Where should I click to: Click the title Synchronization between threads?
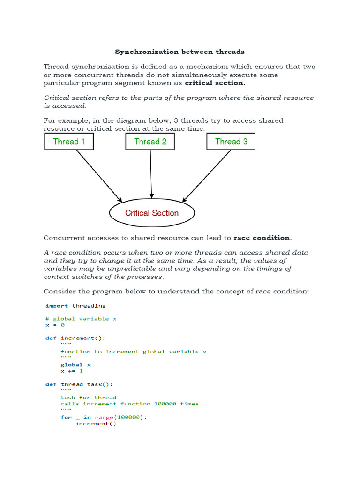pyautogui.click(x=180, y=52)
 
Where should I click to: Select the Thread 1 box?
pyautogui.click(x=69, y=142)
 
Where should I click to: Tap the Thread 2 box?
pyautogui.click(x=150, y=142)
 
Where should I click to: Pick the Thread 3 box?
pyautogui.click(x=231, y=142)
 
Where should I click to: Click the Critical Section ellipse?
pyautogui.click(x=152, y=213)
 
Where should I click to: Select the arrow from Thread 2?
pyautogui.click(x=151, y=173)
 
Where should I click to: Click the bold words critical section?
pyautogui.click(x=214, y=83)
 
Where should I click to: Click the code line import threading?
pyautogui.click(x=75, y=306)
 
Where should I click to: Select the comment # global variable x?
pyautogui.click(x=81, y=319)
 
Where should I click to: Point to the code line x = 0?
pyautogui.click(x=55, y=325)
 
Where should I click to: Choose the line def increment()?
pyautogui.click(x=75, y=338)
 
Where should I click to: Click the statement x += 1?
pyautogui.click(x=71, y=371)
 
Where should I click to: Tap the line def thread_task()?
pyautogui.click(x=79, y=384)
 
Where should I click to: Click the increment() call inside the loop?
pyautogui.click(x=96, y=424)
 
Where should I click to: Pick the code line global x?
pyautogui.click(x=75, y=364)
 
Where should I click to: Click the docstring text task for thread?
pyautogui.click(x=88, y=397)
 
